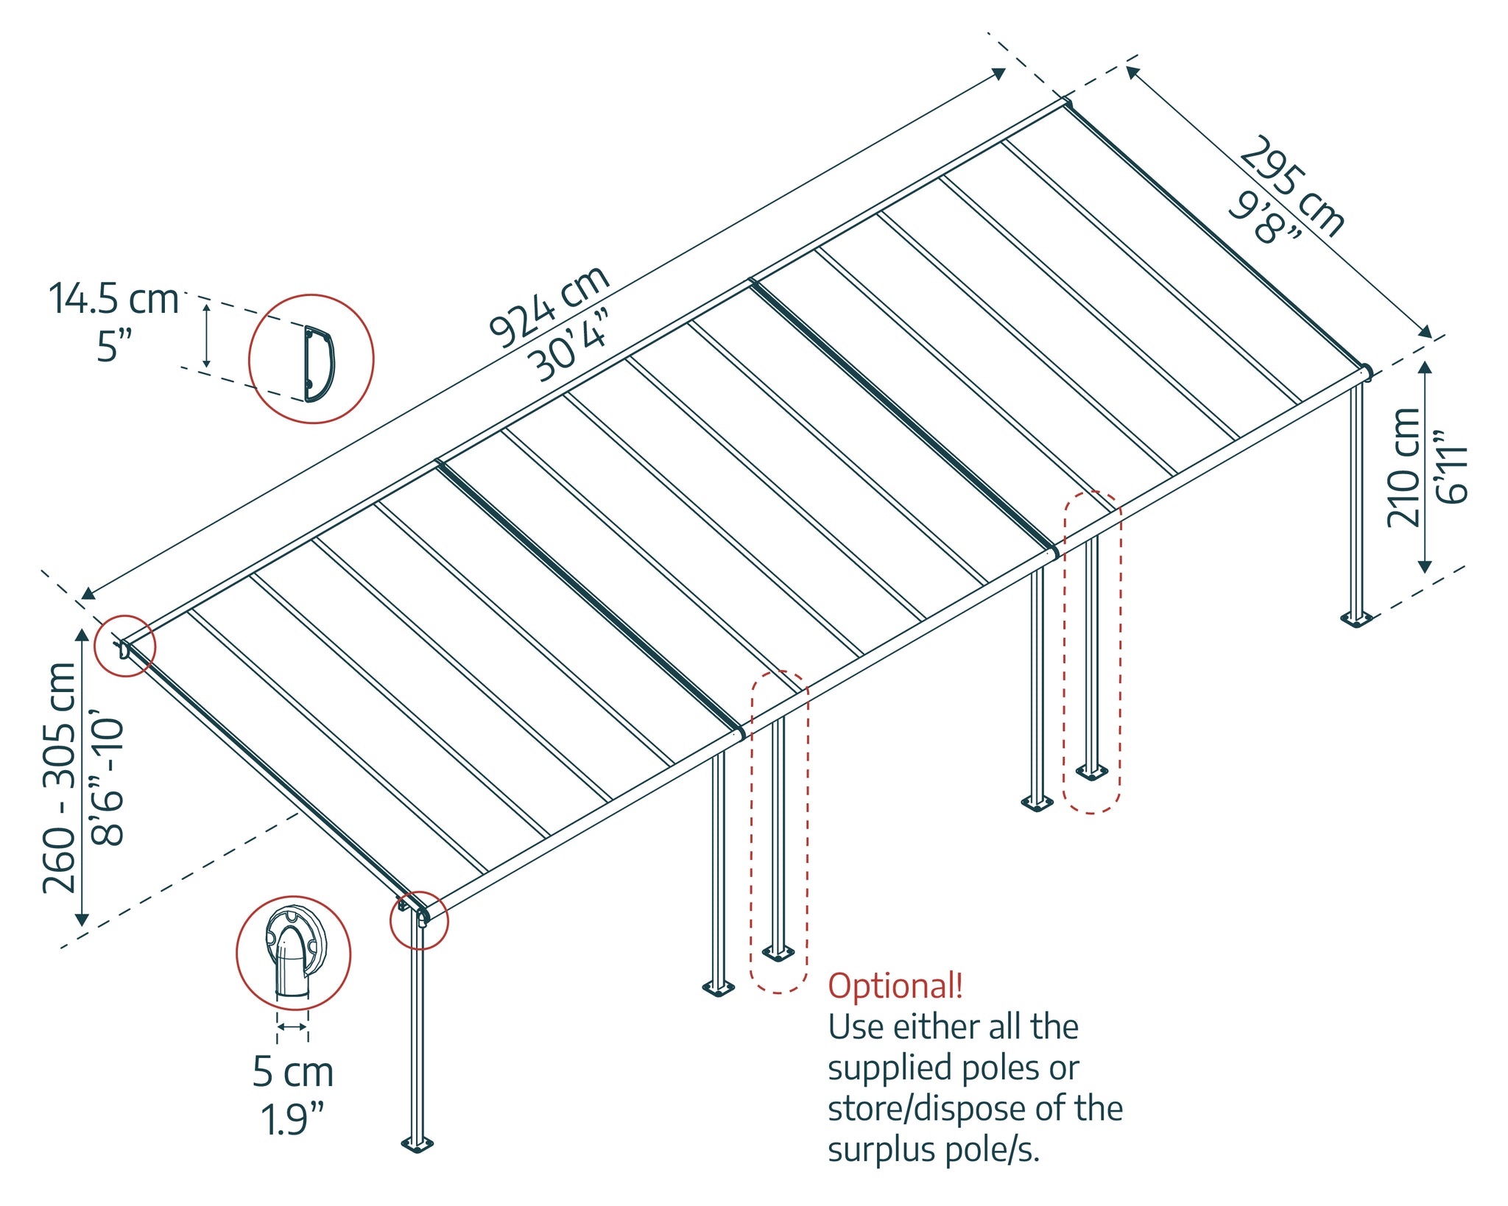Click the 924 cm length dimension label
coord(549,305)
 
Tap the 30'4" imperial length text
coord(571,346)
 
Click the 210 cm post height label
coord(1403,468)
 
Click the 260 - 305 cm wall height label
coord(59,777)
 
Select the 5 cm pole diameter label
coord(293,1071)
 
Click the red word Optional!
coord(895,986)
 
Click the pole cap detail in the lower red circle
coord(294,951)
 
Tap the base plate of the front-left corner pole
coord(417,1143)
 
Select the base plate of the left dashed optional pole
coord(778,954)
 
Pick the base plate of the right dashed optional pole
coord(1091,772)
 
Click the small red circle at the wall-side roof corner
coord(125,646)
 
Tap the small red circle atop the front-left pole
coord(419,920)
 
